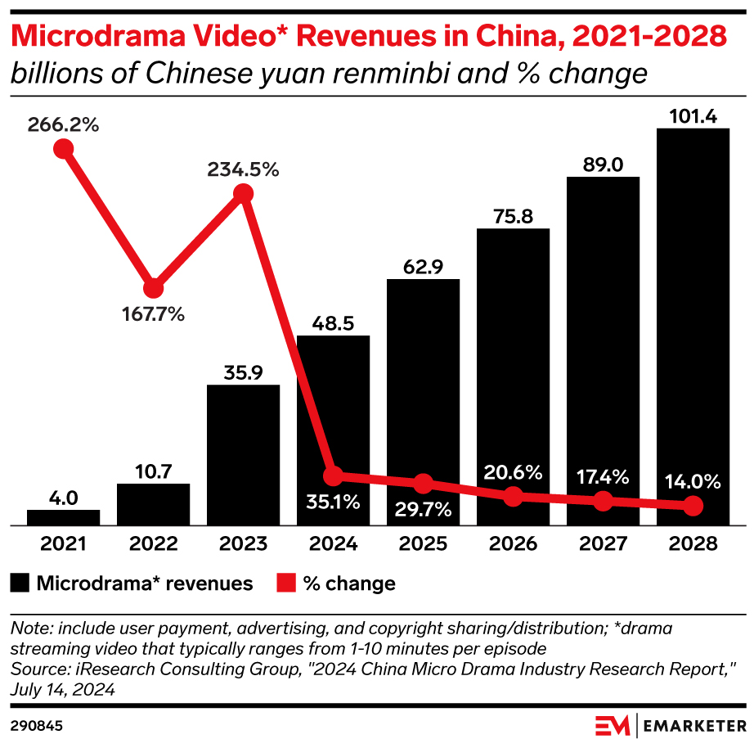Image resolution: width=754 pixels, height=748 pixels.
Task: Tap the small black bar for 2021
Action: (63, 517)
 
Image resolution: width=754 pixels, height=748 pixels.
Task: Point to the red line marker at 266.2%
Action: (63, 149)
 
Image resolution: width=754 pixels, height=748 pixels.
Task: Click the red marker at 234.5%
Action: (243, 193)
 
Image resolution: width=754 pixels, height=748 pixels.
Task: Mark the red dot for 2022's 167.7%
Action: (153, 288)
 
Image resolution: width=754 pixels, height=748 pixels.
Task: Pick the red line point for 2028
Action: (693, 507)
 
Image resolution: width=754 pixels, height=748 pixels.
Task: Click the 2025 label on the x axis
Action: (423, 544)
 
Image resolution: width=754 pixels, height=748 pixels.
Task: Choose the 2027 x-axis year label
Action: (603, 544)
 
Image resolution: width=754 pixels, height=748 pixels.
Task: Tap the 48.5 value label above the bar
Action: (333, 324)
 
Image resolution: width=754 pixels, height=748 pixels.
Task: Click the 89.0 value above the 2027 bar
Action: (603, 165)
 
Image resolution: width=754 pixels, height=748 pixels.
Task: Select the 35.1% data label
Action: (334, 502)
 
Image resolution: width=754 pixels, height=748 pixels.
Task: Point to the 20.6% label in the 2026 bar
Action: (514, 472)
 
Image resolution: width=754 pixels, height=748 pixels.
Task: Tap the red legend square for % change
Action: (286, 583)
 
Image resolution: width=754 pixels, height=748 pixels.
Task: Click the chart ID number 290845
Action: (38, 725)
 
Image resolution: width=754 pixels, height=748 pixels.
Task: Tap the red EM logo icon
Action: (612, 725)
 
